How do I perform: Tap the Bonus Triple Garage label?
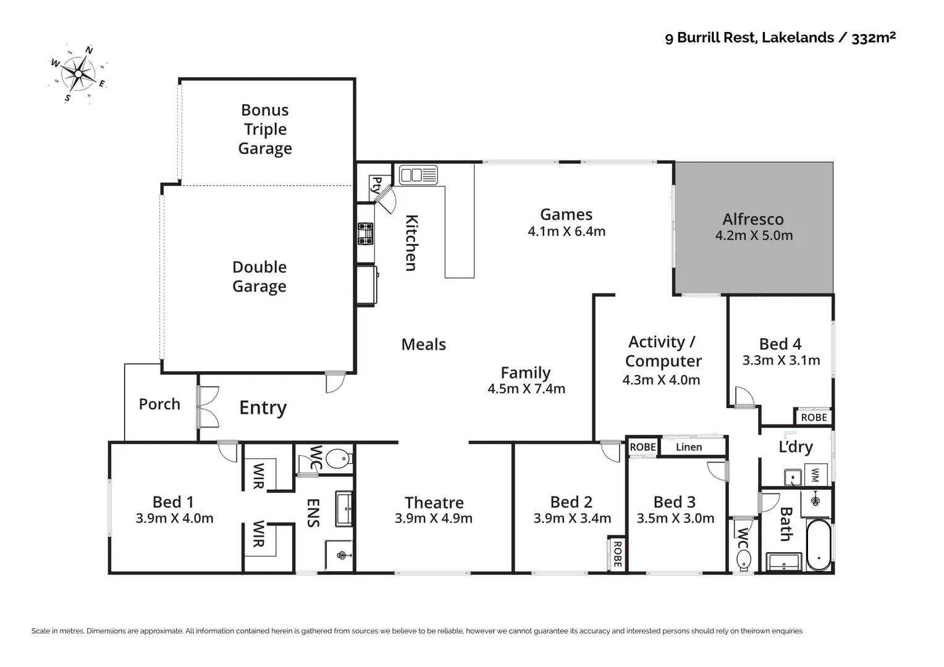[265, 129]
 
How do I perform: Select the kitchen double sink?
[418, 175]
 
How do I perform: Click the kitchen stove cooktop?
[366, 233]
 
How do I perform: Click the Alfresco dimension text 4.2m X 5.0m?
[754, 235]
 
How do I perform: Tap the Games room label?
[566, 214]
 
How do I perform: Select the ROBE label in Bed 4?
[814, 417]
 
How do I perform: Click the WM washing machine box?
[815, 475]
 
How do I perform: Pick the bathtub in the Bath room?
[819, 545]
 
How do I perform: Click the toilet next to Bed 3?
[743, 560]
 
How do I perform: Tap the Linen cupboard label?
[688, 447]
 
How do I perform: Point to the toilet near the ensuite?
[337, 459]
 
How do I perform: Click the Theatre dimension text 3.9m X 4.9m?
[434, 519]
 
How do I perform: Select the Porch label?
[159, 404]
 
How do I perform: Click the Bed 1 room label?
[173, 501]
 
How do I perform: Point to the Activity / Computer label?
[662, 351]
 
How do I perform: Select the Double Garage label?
[259, 277]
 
